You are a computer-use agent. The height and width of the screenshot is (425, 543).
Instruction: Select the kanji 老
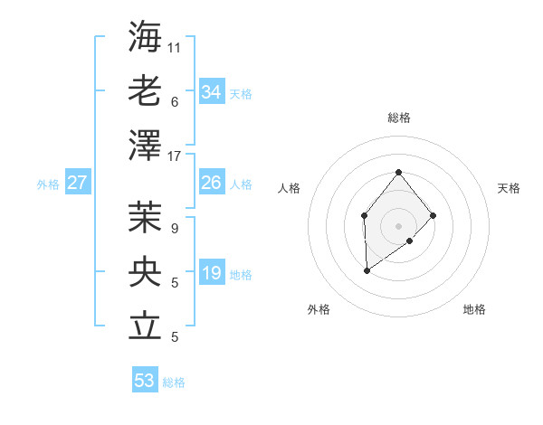(145, 90)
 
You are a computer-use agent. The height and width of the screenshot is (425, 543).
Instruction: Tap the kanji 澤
(145, 145)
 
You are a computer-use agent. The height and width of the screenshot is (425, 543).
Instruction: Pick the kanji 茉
(145, 216)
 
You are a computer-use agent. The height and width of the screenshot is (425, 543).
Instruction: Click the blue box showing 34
(212, 92)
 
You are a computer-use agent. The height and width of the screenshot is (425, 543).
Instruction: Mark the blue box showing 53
(145, 381)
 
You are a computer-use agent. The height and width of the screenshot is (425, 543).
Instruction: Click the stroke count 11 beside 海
(175, 47)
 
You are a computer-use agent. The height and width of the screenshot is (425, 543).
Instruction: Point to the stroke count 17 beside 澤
(175, 156)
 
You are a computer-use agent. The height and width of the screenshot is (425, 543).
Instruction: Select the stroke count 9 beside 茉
(174, 229)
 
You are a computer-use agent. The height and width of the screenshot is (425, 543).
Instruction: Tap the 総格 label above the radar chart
(398, 118)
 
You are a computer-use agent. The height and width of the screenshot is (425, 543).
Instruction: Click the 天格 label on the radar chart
(509, 188)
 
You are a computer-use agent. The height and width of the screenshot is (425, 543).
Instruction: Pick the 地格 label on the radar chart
(474, 309)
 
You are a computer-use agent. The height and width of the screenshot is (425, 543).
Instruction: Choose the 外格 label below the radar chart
(319, 309)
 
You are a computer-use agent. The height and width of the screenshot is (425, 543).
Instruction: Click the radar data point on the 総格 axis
(398, 173)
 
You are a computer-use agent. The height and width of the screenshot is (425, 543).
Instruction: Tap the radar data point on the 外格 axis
(367, 270)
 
